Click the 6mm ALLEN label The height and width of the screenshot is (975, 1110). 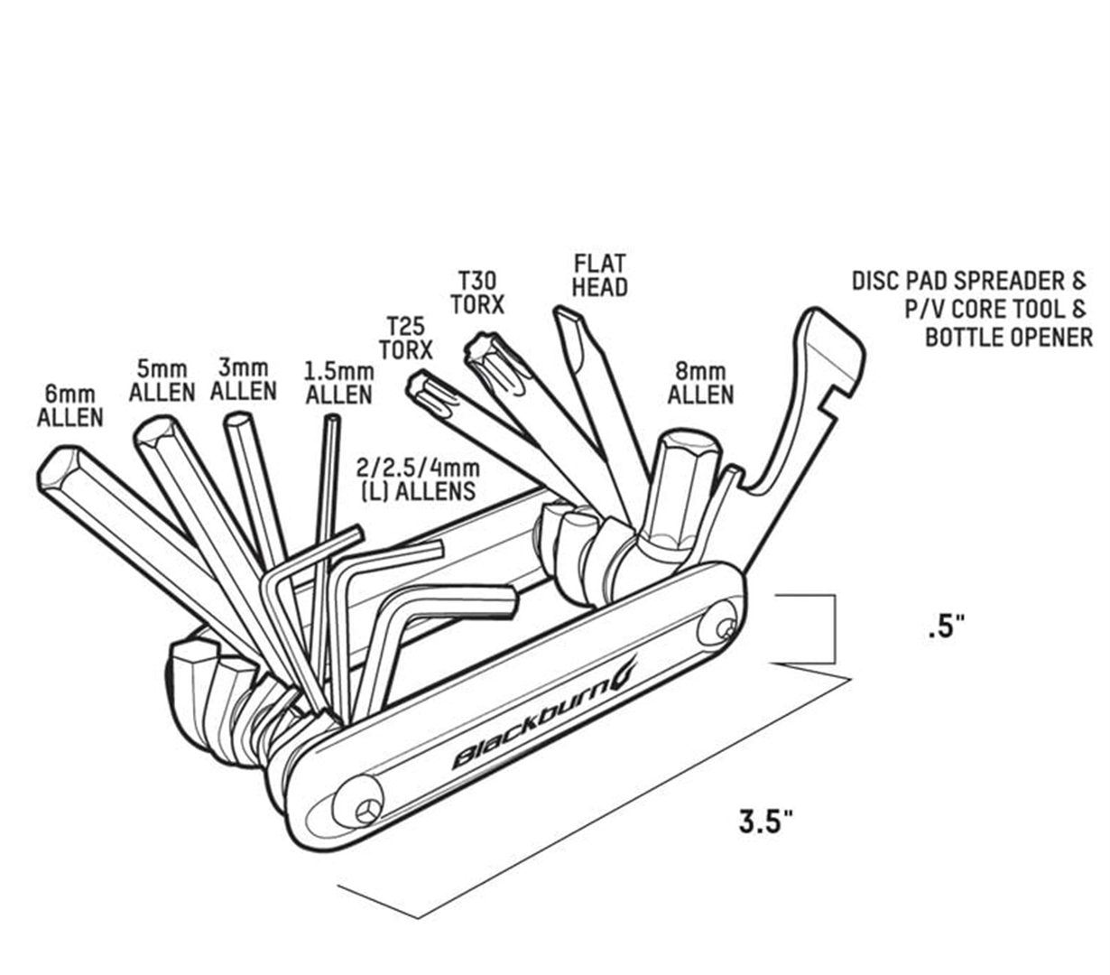point(70,406)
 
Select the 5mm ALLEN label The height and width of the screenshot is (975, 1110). point(162,381)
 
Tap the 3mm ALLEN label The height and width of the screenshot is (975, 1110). point(243,379)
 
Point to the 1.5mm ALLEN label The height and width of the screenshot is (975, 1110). point(338,384)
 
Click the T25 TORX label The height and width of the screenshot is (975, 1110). point(405,337)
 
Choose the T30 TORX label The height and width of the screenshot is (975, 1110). point(477,292)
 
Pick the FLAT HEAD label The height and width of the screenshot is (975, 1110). point(600,275)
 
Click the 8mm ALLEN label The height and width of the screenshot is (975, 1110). point(700,384)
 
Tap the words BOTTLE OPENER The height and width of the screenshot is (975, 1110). point(1008,338)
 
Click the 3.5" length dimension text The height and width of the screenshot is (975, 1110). point(766,822)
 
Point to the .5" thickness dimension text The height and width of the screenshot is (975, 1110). point(946,627)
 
